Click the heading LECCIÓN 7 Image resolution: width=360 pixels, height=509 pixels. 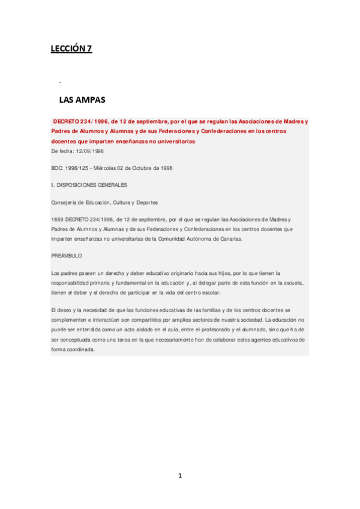pos(71,49)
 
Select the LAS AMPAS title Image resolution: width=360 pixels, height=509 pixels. pos(82,99)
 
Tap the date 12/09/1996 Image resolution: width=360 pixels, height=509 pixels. pos(91,151)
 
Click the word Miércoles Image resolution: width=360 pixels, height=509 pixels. pos(117,168)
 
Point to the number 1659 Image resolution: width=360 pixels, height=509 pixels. pos(58,220)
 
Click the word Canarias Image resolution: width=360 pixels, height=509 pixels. pos(247,239)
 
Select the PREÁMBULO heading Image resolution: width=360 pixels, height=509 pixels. pos(67,256)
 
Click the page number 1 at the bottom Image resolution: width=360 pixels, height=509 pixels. pos(179,475)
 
